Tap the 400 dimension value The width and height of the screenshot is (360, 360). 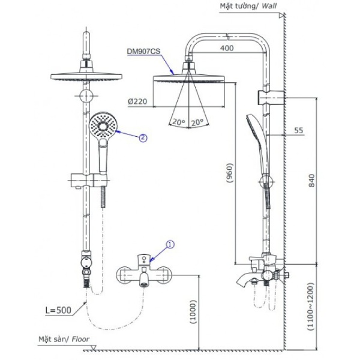(227, 47)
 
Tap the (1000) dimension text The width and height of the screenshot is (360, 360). (193, 310)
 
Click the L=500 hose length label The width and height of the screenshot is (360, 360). (58, 311)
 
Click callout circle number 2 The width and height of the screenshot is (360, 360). (142, 137)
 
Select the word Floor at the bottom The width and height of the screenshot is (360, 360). (80, 339)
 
